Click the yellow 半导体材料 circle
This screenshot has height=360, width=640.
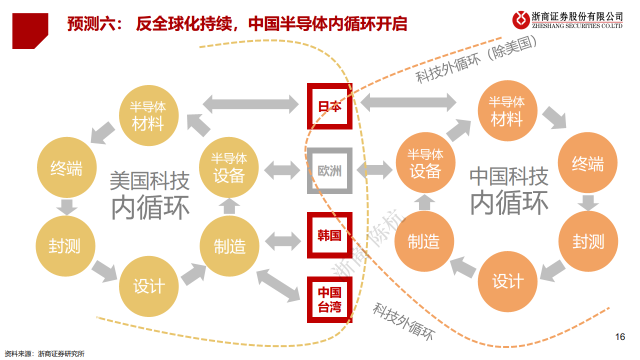click(x=148, y=116)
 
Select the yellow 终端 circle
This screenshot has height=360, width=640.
click(x=66, y=168)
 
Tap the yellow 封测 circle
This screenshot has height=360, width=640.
click(x=64, y=245)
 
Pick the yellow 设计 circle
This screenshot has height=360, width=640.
click(x=148, y=286)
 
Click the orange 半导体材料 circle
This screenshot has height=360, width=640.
click(x=506, y=111)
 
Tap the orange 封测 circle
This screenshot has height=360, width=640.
click(x=588, y=241)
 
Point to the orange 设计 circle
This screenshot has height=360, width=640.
click(x=507, y=281)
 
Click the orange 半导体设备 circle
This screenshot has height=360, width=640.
click(x=425, y=163)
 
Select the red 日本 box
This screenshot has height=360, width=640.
click(x=329, y=106)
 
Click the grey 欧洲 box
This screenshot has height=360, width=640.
click(x=329, y=170)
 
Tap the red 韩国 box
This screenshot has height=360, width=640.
click(x=329, y=235)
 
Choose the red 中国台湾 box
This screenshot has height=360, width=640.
click(x=329, y=299)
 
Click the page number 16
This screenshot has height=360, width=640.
click(x=620, y=336)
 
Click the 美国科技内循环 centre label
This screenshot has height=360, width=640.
click(x=150, y=195)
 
